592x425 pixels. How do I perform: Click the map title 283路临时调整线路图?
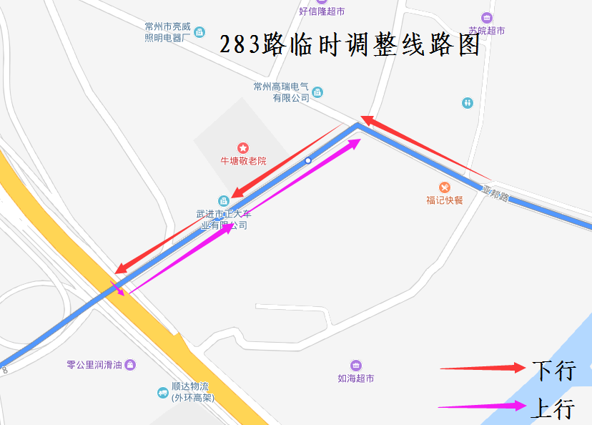tap(350, 45)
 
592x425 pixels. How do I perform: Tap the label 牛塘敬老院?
tap(243, 161)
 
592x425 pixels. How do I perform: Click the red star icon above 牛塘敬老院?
tap(243, 147)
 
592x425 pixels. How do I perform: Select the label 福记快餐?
tap(445, 200)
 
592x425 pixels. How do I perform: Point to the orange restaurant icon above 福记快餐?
tap(445, 187)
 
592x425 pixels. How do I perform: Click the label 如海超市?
tap(356, 378)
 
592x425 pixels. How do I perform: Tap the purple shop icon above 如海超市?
tap(356, 366)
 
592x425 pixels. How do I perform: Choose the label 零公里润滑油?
tap(95, 364)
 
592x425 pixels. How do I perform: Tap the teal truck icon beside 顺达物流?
tap(163, 393)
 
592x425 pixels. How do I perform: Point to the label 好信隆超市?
tap(322, 11)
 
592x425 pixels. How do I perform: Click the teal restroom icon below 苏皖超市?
tap(468, 103)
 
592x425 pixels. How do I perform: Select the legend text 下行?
tap(554, 370)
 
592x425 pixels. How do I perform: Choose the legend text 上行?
tap(554, 408)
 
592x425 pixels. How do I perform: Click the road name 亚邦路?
tap(495, 193)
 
